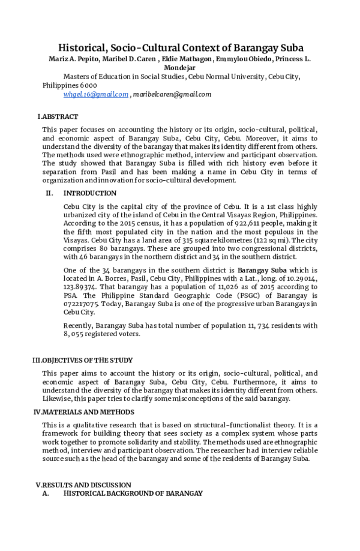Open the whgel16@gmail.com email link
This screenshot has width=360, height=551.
(x=96, y=94)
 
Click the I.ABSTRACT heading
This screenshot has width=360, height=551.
(x=58, y=116)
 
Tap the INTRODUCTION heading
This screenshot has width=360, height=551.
(x=90, y=193)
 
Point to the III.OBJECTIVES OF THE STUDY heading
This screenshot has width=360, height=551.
(x=82, y=360)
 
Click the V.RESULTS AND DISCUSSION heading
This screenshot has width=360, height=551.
(x=83, y=484)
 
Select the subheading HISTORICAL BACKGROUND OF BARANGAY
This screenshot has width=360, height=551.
(x=133, y=493)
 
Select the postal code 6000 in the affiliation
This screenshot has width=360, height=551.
(x=88, y=85)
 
